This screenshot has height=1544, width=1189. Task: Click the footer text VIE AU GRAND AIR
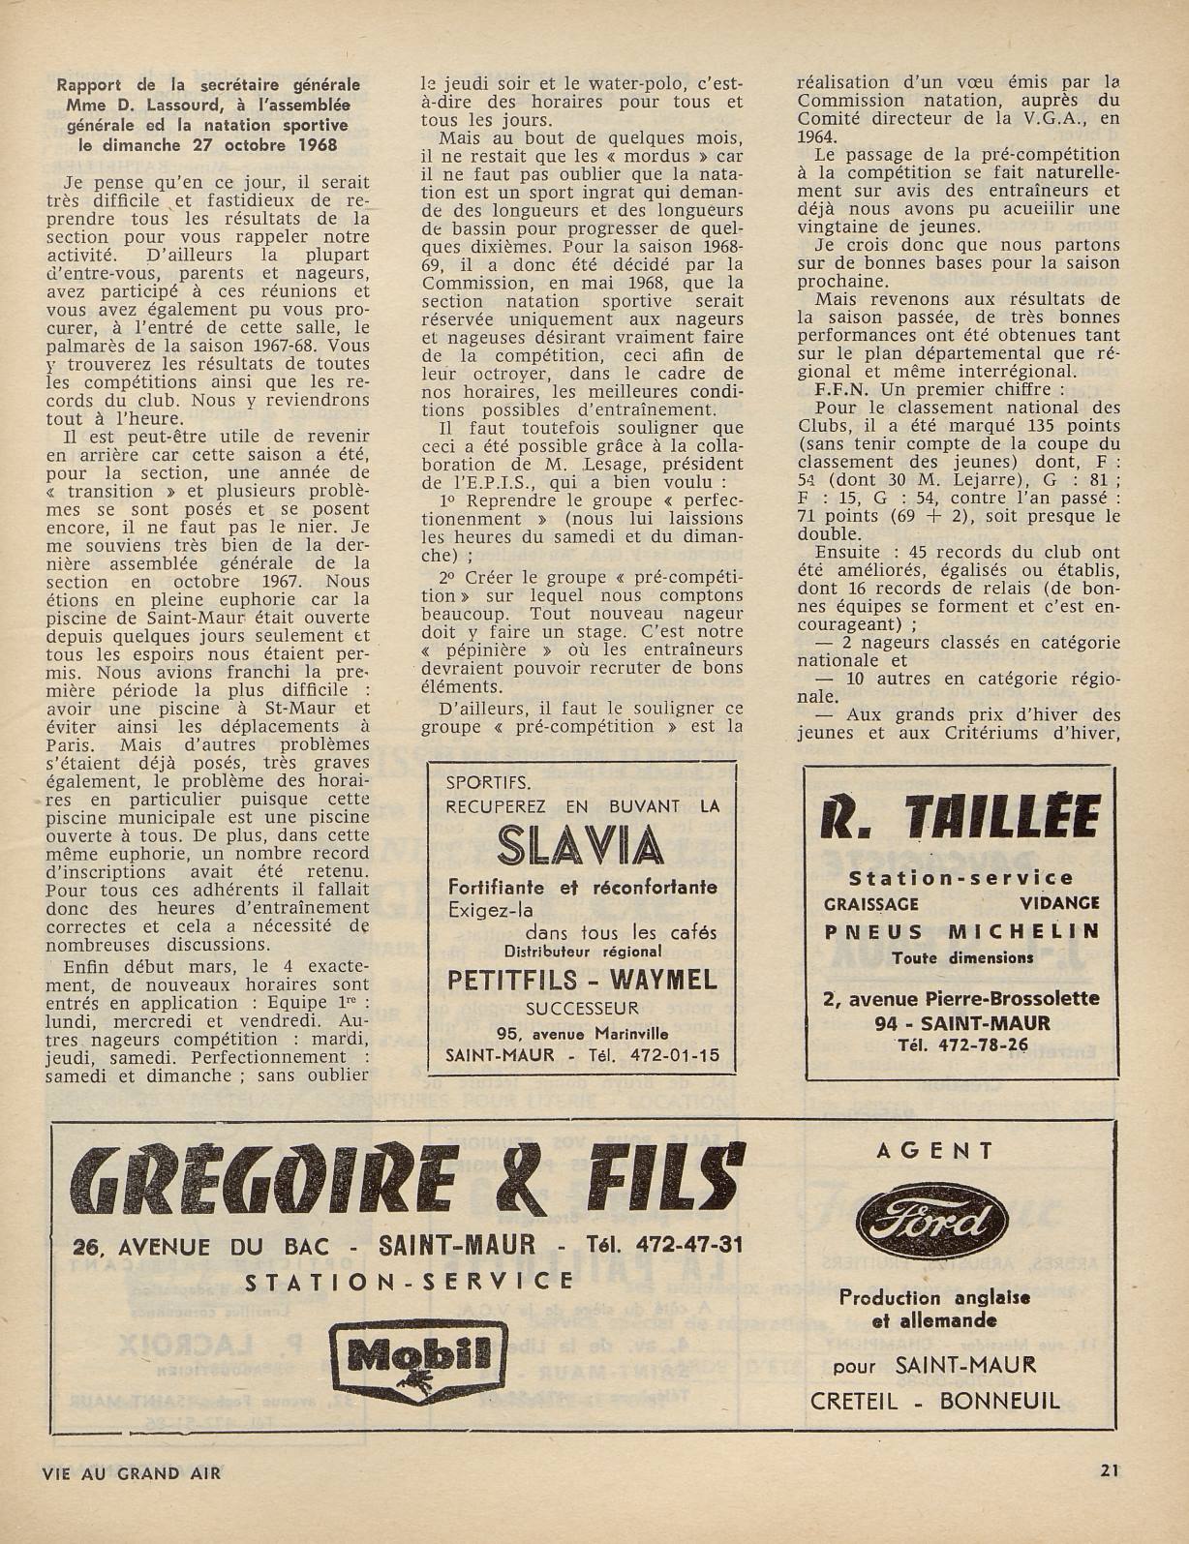click(x=132, y=1473)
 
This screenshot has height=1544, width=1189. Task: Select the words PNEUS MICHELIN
click(x=961, y=931)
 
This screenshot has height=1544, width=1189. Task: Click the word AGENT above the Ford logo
click(x=934, y=1151)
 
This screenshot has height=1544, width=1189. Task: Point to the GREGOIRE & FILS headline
click(x=407, y=1177)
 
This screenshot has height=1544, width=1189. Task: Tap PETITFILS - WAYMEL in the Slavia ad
click(x=582, y=980)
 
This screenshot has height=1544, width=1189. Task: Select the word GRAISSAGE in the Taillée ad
click(x=870, y=903)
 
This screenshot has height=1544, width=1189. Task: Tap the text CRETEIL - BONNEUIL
click(x=934, y=1401)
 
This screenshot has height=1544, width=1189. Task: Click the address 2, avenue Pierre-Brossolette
click(x=960, y=999)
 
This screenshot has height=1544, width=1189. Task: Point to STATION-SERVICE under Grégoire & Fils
click(x=409, y=1282)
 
